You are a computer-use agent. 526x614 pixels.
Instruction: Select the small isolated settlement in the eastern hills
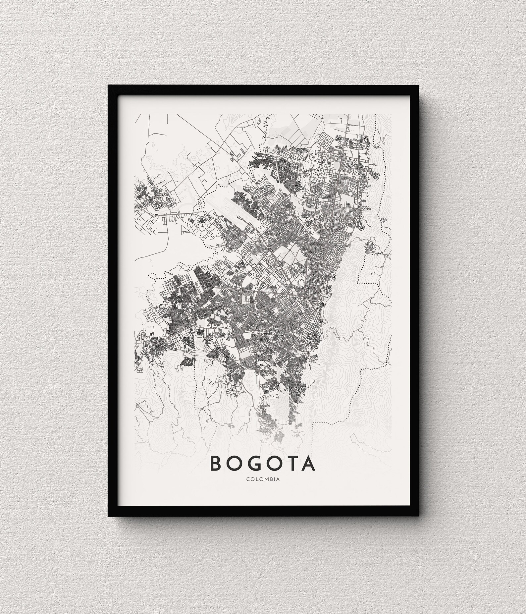370,247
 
